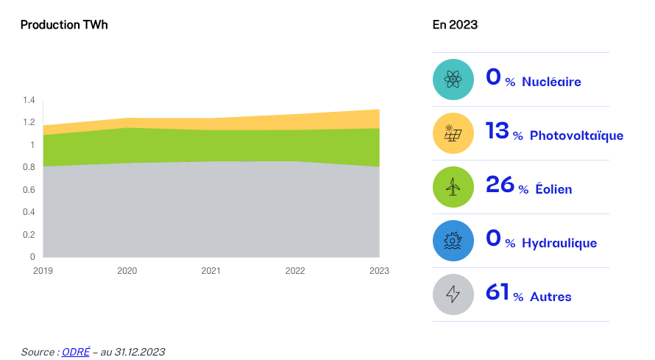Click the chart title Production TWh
coord(64,25)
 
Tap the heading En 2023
coord(455,25)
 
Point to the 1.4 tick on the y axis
coord(29,100)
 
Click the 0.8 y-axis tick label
coord(29,167)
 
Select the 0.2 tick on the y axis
coord(29,235)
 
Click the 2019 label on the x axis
coord(43,271)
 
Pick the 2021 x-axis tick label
coord(211,271)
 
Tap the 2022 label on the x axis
coord(295,271)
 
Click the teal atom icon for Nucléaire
coord(453,80)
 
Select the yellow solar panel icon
coord(453,133)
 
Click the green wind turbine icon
coord(453,187)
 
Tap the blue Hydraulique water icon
coord(453,241)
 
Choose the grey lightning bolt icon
coord(453,294)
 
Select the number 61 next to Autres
coord(498,294)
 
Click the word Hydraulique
coord(559,244)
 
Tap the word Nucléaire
coord(551,82)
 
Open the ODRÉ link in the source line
coord(75,352)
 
